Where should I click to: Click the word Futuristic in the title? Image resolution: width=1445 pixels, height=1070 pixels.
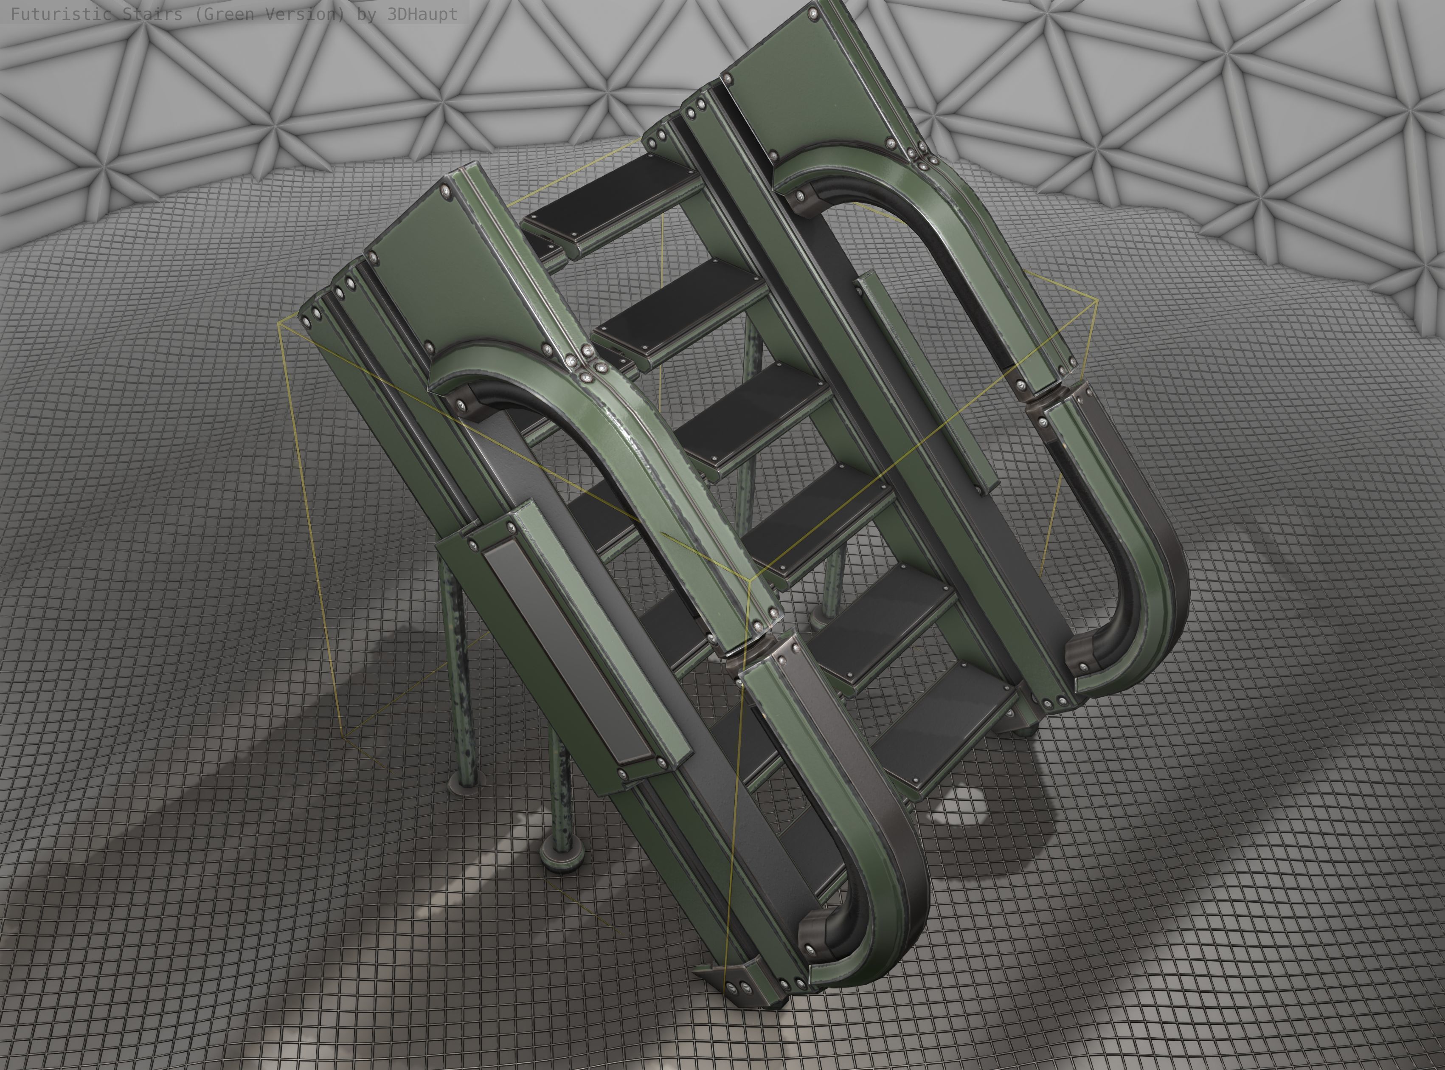tap(62, 14)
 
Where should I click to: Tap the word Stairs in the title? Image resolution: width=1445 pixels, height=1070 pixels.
tap(153, 14)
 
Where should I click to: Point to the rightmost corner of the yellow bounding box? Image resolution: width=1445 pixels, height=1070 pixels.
tap(1097, 299)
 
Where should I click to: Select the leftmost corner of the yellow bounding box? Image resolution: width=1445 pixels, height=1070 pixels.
tap(278, 321)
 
